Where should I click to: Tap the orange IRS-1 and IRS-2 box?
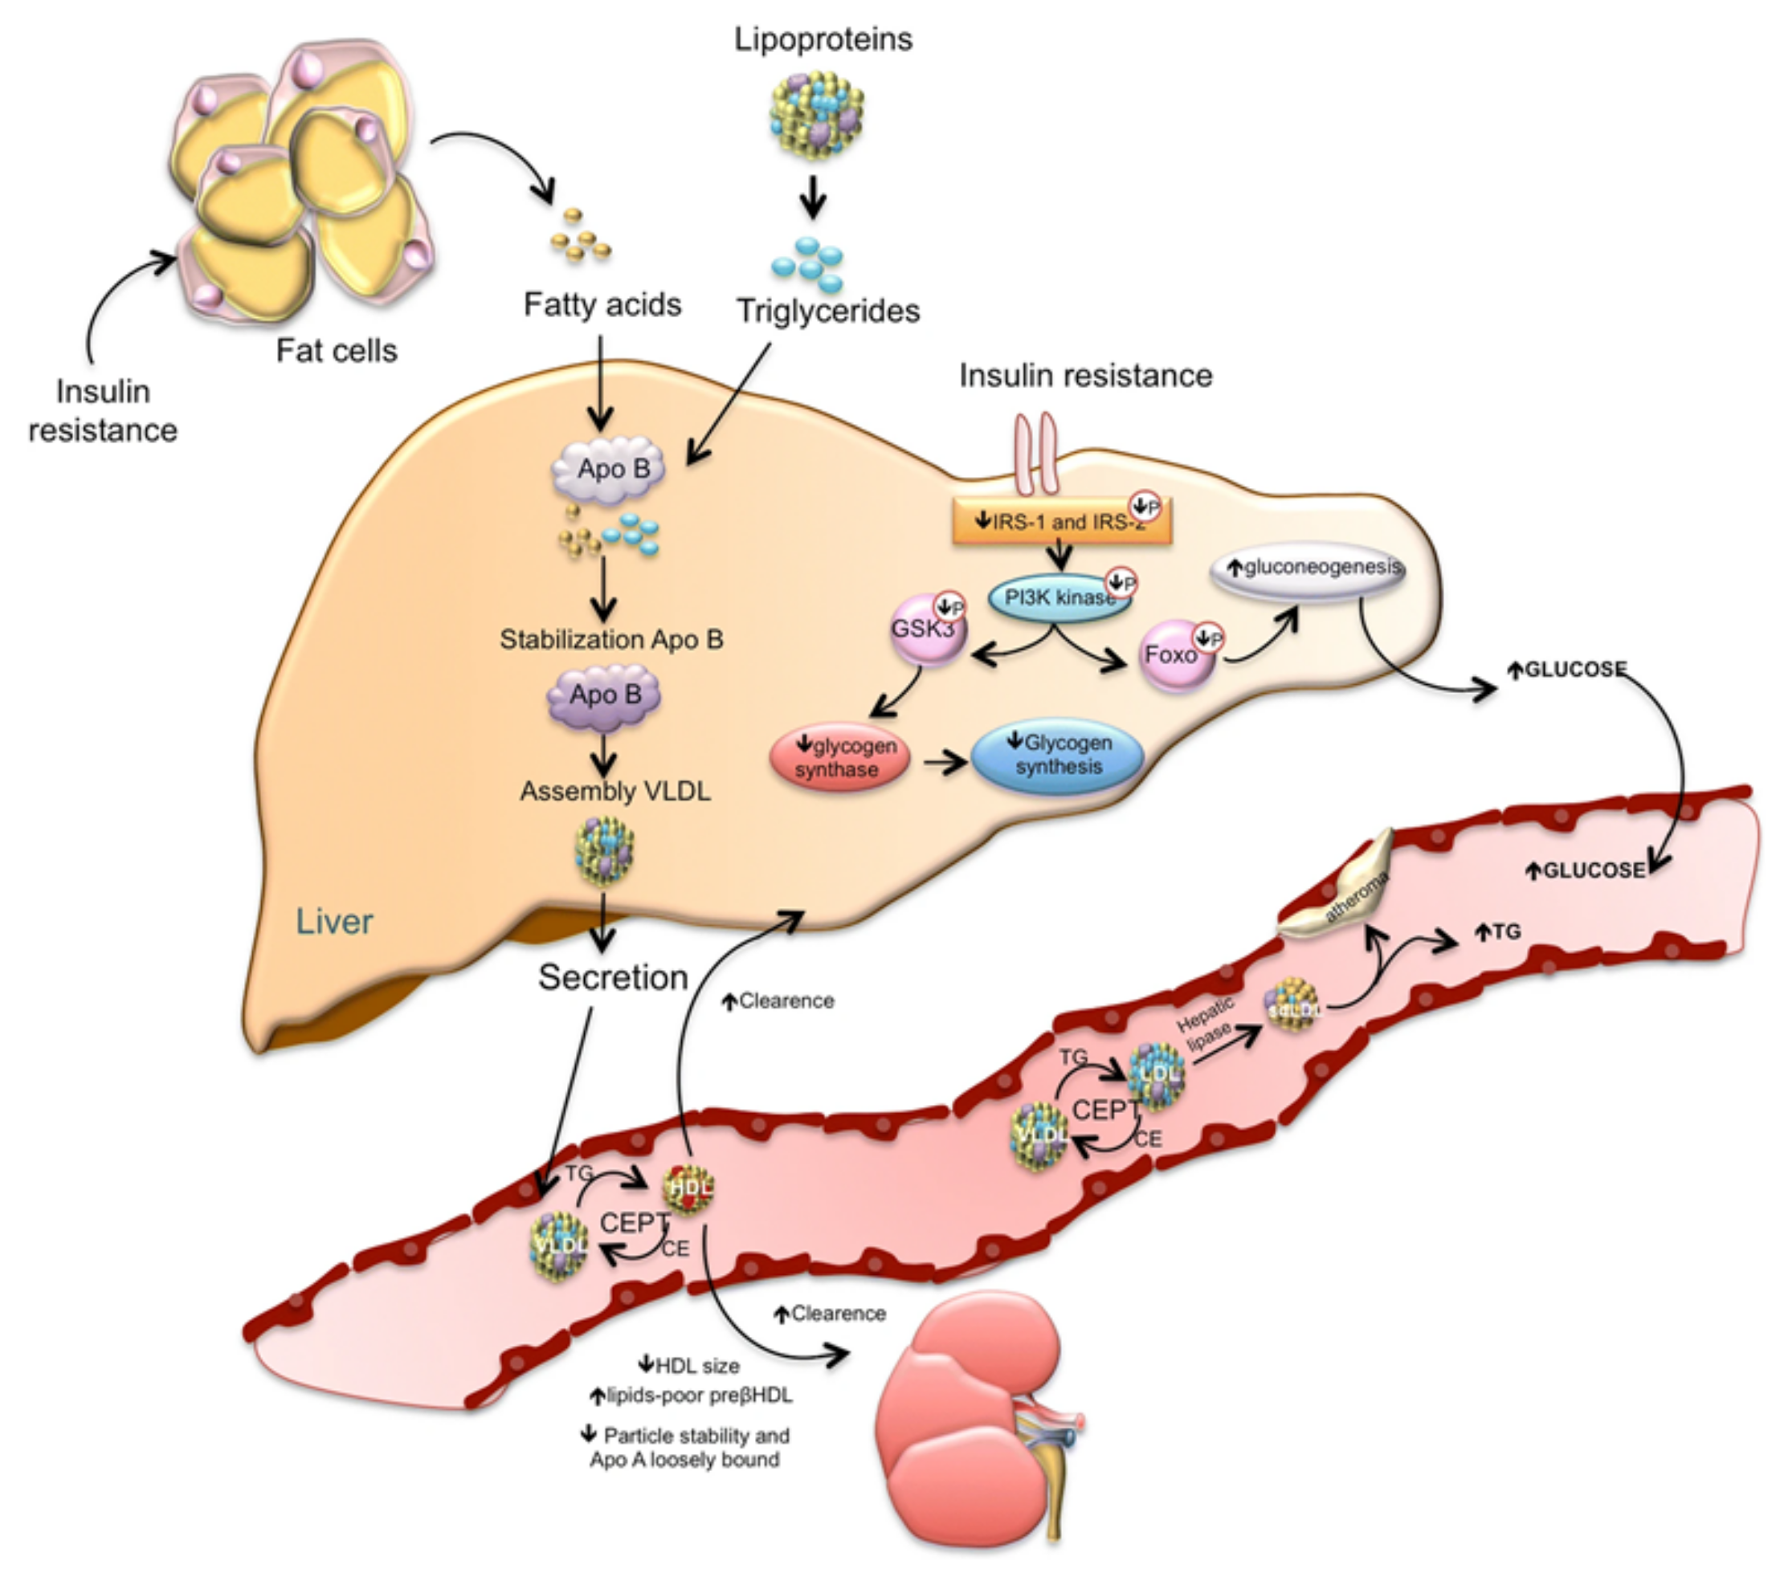pyautogui.click(x=1062, y=522)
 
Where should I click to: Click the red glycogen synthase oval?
pyautogui.click(x=839, y=757)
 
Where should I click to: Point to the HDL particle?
pyautogui.click(x=689, y=1188)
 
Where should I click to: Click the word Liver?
pyautogui.click(x=334, y=922)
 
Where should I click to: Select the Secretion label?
pyautogui.click(x=613, y=977)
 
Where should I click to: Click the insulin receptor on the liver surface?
pyautogui.click(x=1036, y=453)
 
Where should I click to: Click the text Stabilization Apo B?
pyautogui.click(x=610, y=640)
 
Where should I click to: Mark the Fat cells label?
pyautogui.click(x=337, y=351)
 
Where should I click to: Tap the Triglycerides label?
pyautogui.click(x=828, y=311)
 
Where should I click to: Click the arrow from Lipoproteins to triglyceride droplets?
pyautogui.click(x=813, y=196)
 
